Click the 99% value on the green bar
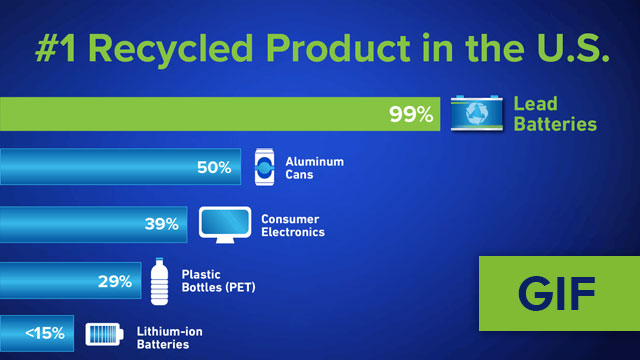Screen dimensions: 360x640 click(411, 114)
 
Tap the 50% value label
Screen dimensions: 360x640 click(214, 168)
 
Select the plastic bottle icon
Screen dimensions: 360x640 click(157, 282)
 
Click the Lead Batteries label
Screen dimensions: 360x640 click(555, 114)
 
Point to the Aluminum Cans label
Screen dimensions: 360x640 click(315, 168)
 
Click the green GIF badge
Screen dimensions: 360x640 click(557, 293)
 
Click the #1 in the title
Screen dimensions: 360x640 click(62, 48)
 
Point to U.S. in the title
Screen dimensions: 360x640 click(569, 48)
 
